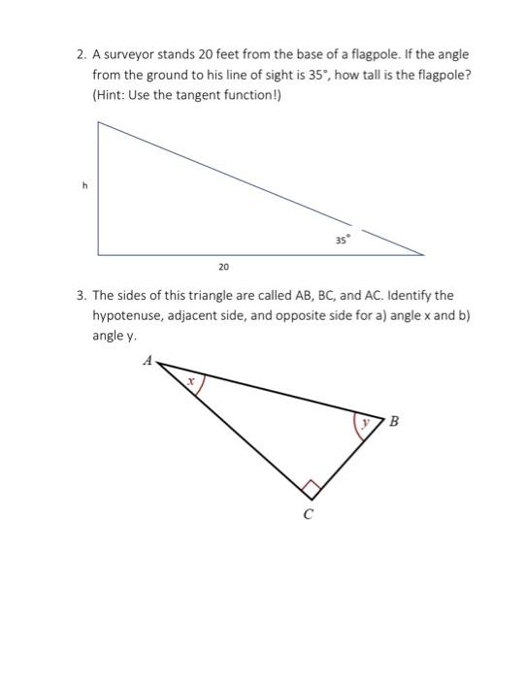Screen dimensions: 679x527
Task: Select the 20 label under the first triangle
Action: coord(223,265)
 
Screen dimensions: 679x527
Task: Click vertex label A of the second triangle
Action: coord(148,360)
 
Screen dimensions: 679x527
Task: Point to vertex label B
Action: coord(392,422)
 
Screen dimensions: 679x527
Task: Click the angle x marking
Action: coord(192,383)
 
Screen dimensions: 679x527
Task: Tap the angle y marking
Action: coord(364,424)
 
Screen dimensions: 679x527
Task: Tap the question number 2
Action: coord(81,55)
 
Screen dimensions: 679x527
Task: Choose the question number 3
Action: coord(81,294)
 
